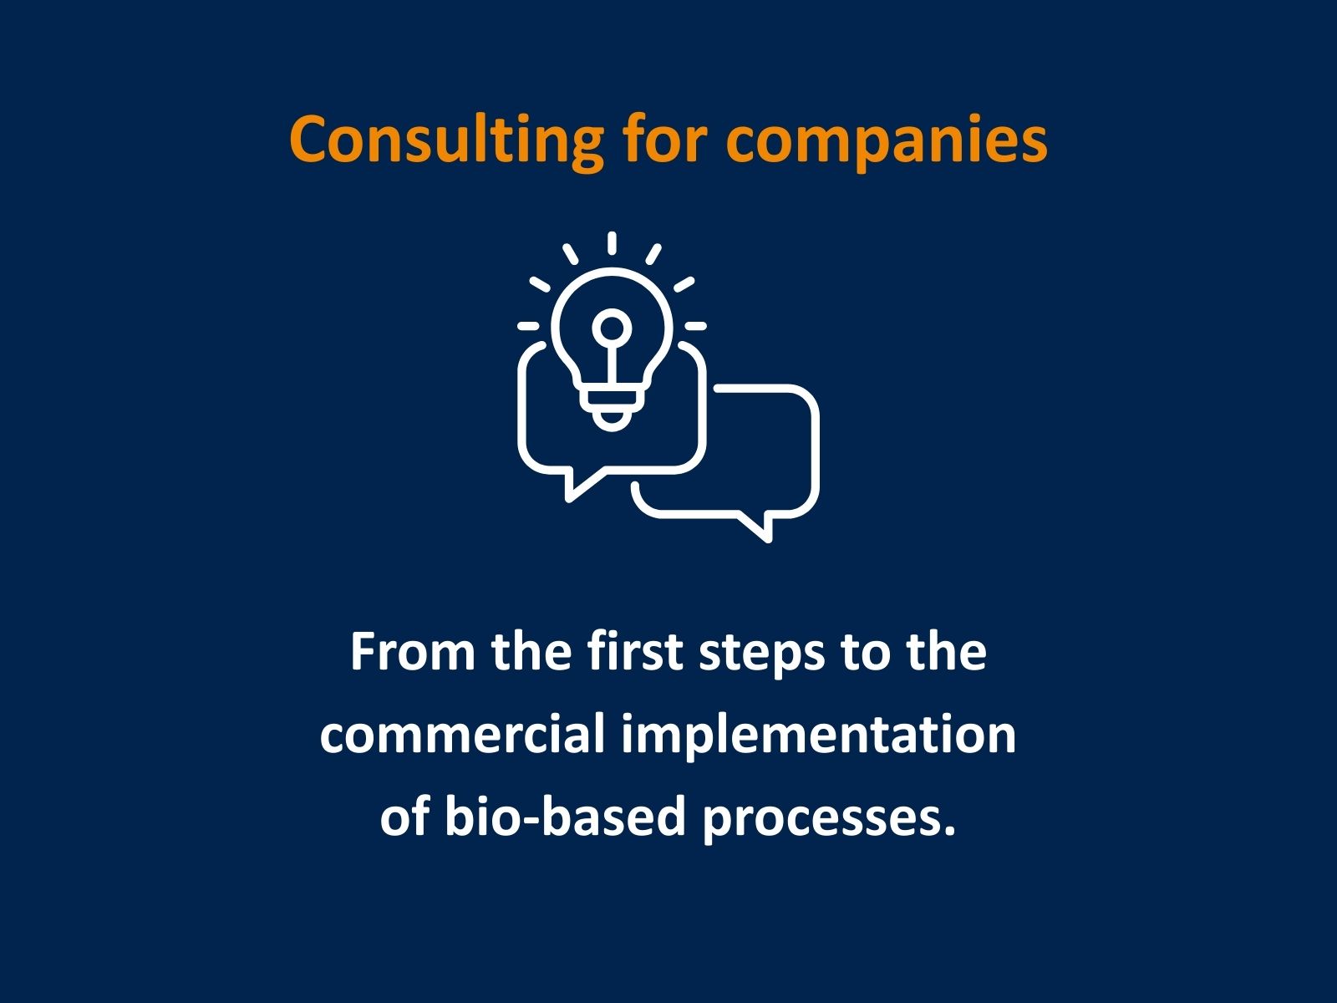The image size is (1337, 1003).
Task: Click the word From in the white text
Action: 411,652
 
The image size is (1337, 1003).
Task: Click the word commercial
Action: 462,734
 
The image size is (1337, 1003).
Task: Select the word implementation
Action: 818,736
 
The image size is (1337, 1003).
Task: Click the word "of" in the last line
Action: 405,817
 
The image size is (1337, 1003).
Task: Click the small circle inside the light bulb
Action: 612,326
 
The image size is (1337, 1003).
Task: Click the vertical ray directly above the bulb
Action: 613,243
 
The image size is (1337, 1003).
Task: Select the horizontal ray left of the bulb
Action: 528,325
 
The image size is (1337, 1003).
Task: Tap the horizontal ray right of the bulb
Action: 695,325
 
